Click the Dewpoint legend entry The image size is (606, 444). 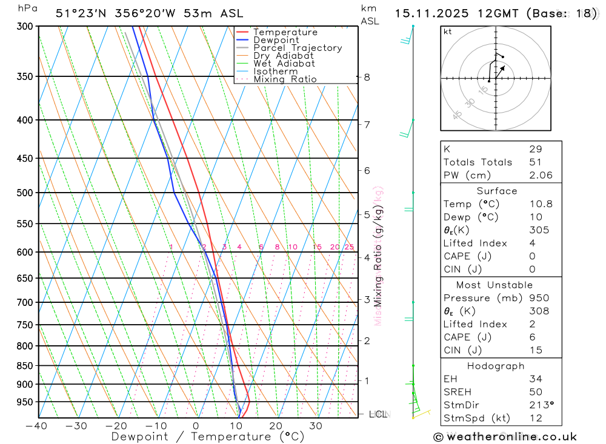[x=276, y=40]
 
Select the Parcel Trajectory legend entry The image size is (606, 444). [x=298, y=48]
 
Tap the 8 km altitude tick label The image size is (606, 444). [x=367, y=77]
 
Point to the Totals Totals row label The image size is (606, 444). [x=478, y=162]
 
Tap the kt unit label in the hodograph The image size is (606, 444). [x=448, y=31]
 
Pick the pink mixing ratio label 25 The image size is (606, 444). [x=349, y=247]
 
